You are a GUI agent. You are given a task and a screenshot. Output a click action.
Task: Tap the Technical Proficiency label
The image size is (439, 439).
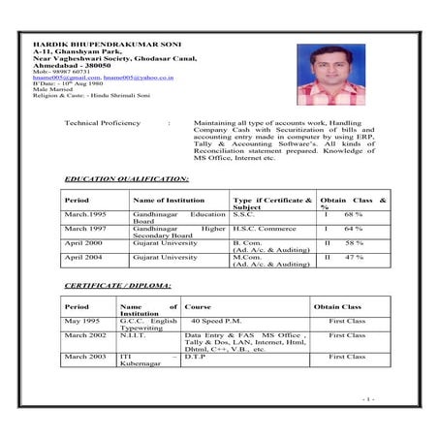pyautogui.click(x=102, y=124)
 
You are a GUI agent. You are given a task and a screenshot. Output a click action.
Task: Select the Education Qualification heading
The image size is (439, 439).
pyautogui.click(x=126, y=179)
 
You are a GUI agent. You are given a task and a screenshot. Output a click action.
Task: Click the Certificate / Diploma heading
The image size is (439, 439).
pyautogui.click(x=117, y=286)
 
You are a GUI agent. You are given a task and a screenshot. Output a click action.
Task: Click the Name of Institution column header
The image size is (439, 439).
pyautogui.click(x=170, y=200)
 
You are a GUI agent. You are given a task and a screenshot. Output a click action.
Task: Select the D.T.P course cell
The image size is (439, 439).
pyautogui.click(x=202, y=357)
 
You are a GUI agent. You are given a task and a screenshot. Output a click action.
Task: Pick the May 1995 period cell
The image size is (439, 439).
pyautogui.click(x=81, y=321)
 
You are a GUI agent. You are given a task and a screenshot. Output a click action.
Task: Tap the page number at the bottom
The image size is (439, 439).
pyautogui.click(x=368, y=398)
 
